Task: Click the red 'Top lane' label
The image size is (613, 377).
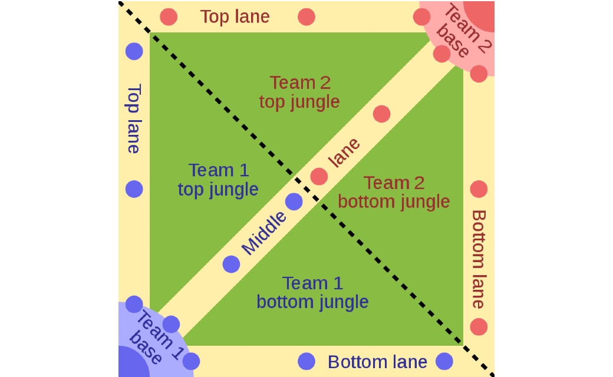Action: click(235, 16)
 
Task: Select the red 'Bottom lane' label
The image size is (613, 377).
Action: click(478, 259)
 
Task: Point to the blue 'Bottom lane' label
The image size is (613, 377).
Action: click(377, 362)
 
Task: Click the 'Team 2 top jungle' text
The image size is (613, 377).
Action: click(299, 92)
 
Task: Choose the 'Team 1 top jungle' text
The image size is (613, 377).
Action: click(218, 180)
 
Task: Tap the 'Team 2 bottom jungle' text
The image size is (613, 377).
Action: click(394, 192)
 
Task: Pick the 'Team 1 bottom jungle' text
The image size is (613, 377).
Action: click(312, 292)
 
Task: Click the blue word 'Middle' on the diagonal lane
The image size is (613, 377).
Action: click(264, 233)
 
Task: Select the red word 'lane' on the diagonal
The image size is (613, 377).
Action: click(344, 153)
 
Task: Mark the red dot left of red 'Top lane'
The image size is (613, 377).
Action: click(169, 17)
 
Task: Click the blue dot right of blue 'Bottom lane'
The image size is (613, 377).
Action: click(444, 361)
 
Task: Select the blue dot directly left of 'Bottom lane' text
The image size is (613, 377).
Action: click(306, 361)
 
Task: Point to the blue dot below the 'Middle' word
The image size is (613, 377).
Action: click(231, 264)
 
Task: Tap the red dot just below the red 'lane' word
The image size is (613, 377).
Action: click(319, 176)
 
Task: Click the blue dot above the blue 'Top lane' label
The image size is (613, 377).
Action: click(134, 51)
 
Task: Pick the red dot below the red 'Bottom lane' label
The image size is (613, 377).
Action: click(479, 326)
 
